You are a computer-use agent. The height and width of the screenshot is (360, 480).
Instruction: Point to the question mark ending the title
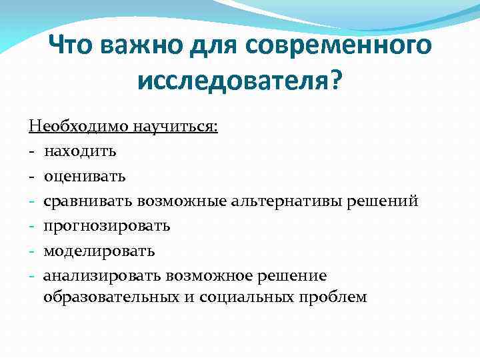(334, 83)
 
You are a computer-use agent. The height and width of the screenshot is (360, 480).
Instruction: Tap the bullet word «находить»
(80, 151)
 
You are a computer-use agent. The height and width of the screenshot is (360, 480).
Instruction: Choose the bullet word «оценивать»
(84, 176)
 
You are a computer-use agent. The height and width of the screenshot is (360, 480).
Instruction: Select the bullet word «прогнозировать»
(107, 226)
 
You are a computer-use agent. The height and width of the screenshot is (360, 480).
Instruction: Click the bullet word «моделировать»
(99, 251)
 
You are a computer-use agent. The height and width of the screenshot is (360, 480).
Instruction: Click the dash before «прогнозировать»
(32, 226)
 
